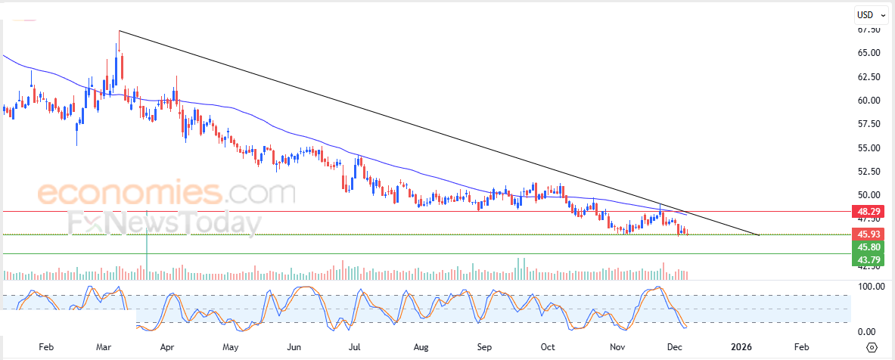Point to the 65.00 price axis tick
click(x=869, y=53)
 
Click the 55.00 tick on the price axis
click(x=869, y=147)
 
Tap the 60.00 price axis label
click(x=869, y=101)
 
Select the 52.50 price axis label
click(x=869, y=171)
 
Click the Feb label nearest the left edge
click(x=45, y=347)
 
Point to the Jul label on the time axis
click(x=353, y=347)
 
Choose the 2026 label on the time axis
click(x=741, y=347)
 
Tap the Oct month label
click(x=548, y=347)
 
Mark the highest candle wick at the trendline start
click(x=120, y=33)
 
